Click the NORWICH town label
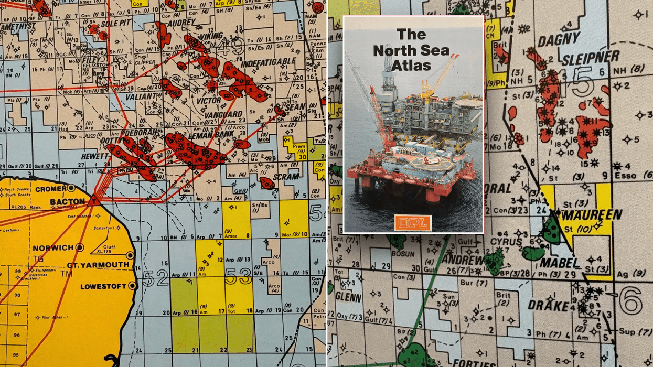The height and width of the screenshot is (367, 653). [53, 247]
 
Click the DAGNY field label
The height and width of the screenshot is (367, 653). [560, 38]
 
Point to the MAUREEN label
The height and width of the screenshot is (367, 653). [584, 214]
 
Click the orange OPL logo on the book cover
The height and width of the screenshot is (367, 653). [413, 223]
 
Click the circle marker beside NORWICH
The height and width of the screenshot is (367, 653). [80, 247]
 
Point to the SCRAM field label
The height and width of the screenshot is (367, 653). [286, 176]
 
